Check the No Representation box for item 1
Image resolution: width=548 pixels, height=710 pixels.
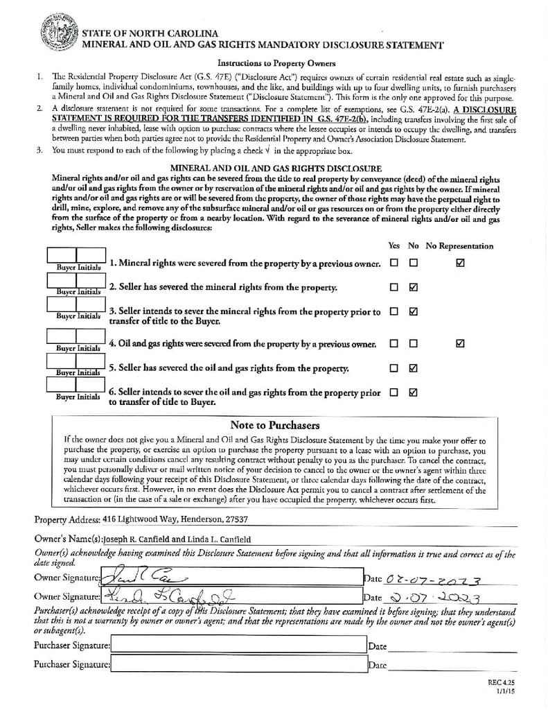461,263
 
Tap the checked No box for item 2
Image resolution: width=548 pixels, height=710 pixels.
414,287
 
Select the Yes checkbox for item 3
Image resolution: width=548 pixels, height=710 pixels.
394,312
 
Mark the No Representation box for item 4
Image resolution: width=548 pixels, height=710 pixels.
461,343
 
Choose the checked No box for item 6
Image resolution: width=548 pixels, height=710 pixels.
414,392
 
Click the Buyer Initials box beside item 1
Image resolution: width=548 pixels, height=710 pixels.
76,256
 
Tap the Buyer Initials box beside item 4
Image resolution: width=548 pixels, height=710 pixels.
76,336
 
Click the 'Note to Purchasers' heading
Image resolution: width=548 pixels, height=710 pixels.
275,425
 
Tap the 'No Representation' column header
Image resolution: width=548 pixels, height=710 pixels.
459,245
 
